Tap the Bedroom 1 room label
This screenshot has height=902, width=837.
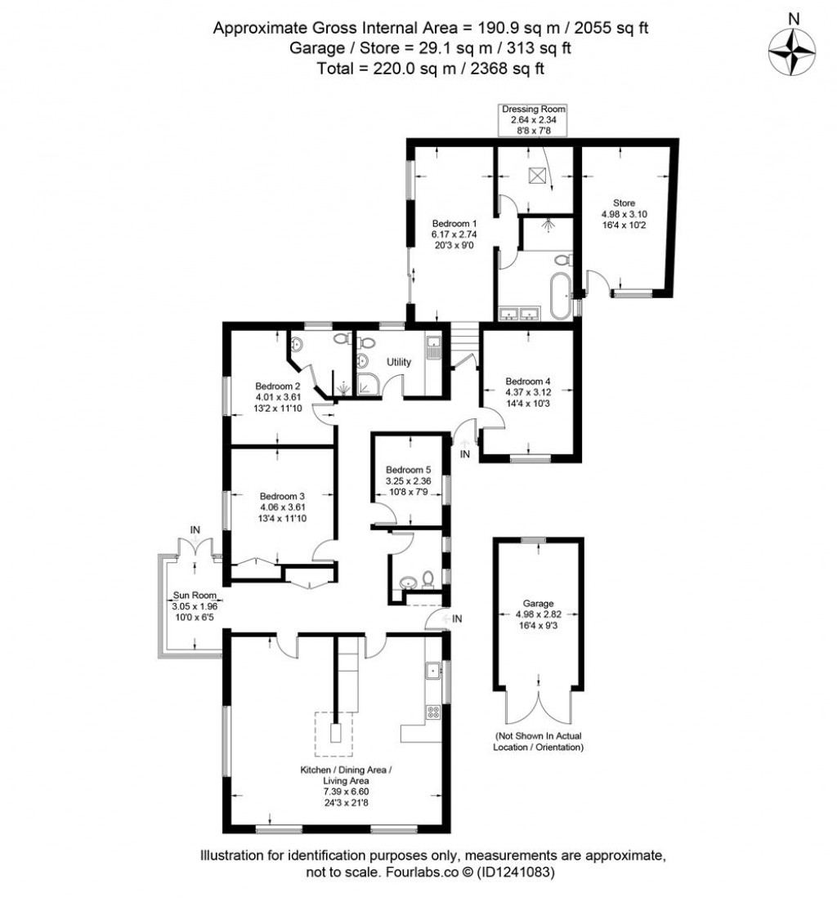point(454,233)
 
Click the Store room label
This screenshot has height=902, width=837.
point(624,213)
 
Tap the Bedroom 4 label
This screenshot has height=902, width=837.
point(528,391)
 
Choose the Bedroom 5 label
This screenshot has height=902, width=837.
point(408,480)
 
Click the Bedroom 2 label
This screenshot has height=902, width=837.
point(279,397)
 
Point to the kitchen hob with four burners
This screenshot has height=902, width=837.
point(433,712)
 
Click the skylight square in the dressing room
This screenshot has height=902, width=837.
point(537,176)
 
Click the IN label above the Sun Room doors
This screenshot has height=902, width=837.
point(195,531)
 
